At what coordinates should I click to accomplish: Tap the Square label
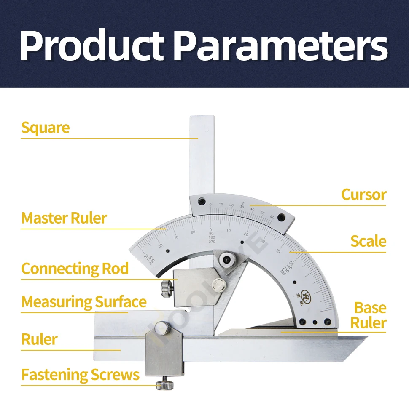45,128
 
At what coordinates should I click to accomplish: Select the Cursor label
363,195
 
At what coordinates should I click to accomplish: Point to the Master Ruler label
64,218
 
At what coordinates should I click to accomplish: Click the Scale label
368,241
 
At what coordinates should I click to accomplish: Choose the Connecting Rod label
75,269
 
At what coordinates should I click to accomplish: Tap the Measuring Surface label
84,302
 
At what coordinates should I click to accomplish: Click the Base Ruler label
370,315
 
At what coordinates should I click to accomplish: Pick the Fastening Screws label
80,375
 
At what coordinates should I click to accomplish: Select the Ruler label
39,340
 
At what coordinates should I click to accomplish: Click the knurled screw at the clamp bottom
163,385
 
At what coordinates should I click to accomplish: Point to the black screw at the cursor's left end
203,201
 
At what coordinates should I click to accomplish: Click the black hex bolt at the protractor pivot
229,260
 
